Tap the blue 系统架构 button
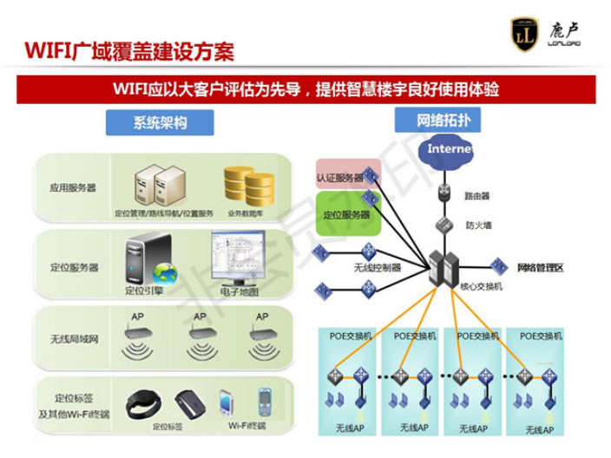click(161, 122)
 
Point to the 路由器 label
click(479, 196)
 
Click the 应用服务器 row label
click(74, 186)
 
